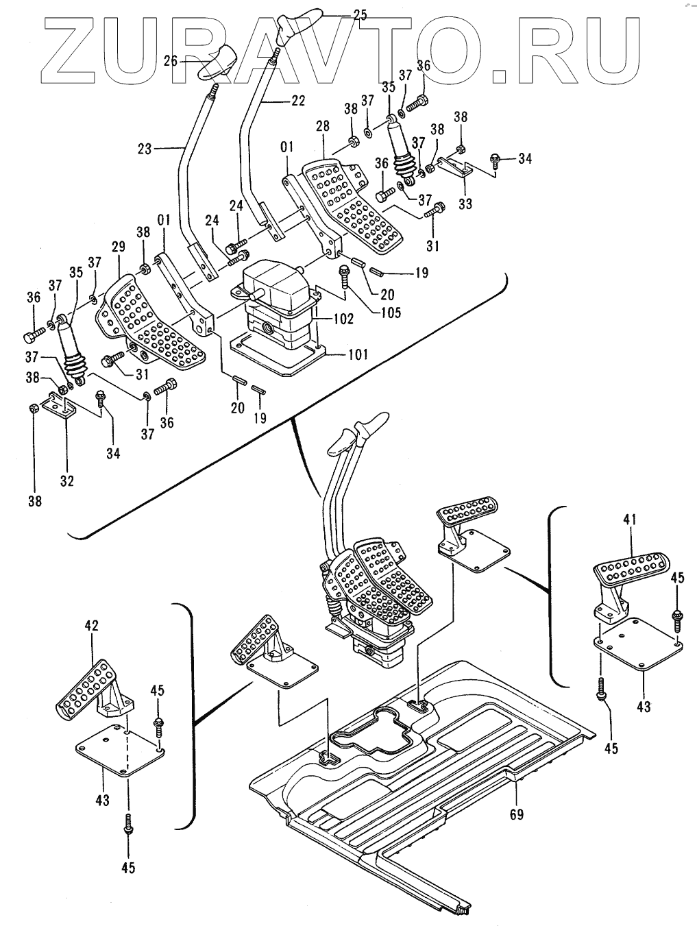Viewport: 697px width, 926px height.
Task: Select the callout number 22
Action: point(297,101)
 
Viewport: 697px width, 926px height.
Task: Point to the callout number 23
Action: point(145,149)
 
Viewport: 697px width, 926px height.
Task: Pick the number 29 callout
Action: point(119,247)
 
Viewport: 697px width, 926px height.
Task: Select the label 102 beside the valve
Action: point(343,319)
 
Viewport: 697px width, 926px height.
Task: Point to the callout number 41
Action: point(631,520)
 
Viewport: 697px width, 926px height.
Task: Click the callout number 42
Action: point(92,625)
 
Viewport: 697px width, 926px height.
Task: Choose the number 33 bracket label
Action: point(465,204)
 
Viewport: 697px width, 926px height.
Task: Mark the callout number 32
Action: point(67,480)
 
